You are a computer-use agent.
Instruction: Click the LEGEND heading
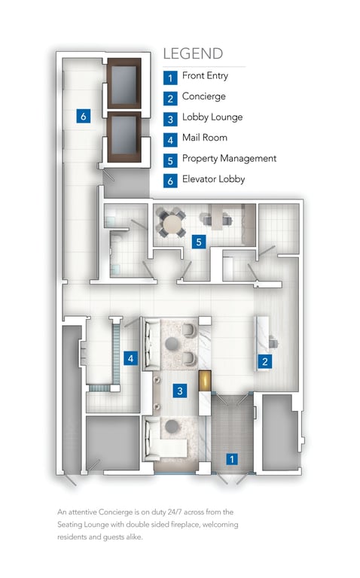coord(193,54)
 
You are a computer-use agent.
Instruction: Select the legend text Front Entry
coord(205,75)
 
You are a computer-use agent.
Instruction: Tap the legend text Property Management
coord(229,159)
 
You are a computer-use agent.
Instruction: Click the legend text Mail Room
coord(205,138)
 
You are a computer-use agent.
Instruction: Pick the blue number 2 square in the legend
coord(170,99)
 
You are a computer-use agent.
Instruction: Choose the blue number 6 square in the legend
coord(170,181)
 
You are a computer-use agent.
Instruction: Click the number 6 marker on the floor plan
coord(84,117)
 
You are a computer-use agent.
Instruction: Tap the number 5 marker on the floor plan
coord(199,242)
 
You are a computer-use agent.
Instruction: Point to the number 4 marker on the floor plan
coord(130,358)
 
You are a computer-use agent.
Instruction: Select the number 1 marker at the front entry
coord(232,459)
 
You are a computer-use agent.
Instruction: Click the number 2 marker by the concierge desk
coord(264,361)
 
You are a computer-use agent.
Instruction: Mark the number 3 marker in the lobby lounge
coord(180,391)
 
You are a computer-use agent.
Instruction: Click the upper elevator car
coord(124,84)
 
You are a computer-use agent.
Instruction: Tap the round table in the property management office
coord(170,224)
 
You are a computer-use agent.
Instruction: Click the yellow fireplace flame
coord(205,381)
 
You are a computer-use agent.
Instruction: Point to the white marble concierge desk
coord(263,343)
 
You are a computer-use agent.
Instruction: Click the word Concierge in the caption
coord(116,512)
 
